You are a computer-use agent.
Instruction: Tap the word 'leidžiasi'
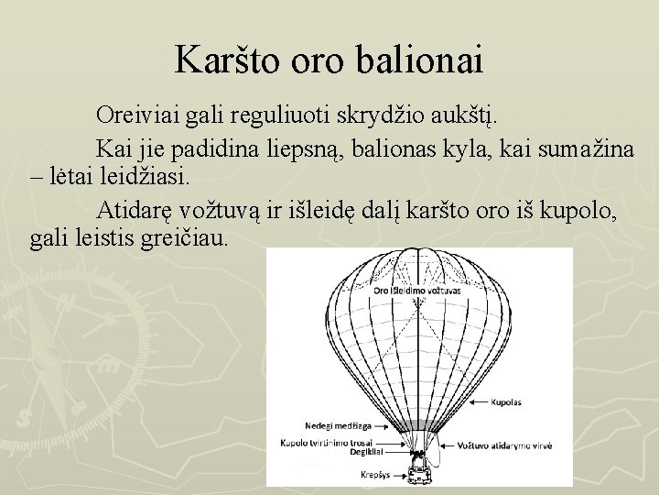[x=143, y=177]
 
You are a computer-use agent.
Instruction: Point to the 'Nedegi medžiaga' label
[x=340, y=425]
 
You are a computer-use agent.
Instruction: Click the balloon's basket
[x=419, y=473]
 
